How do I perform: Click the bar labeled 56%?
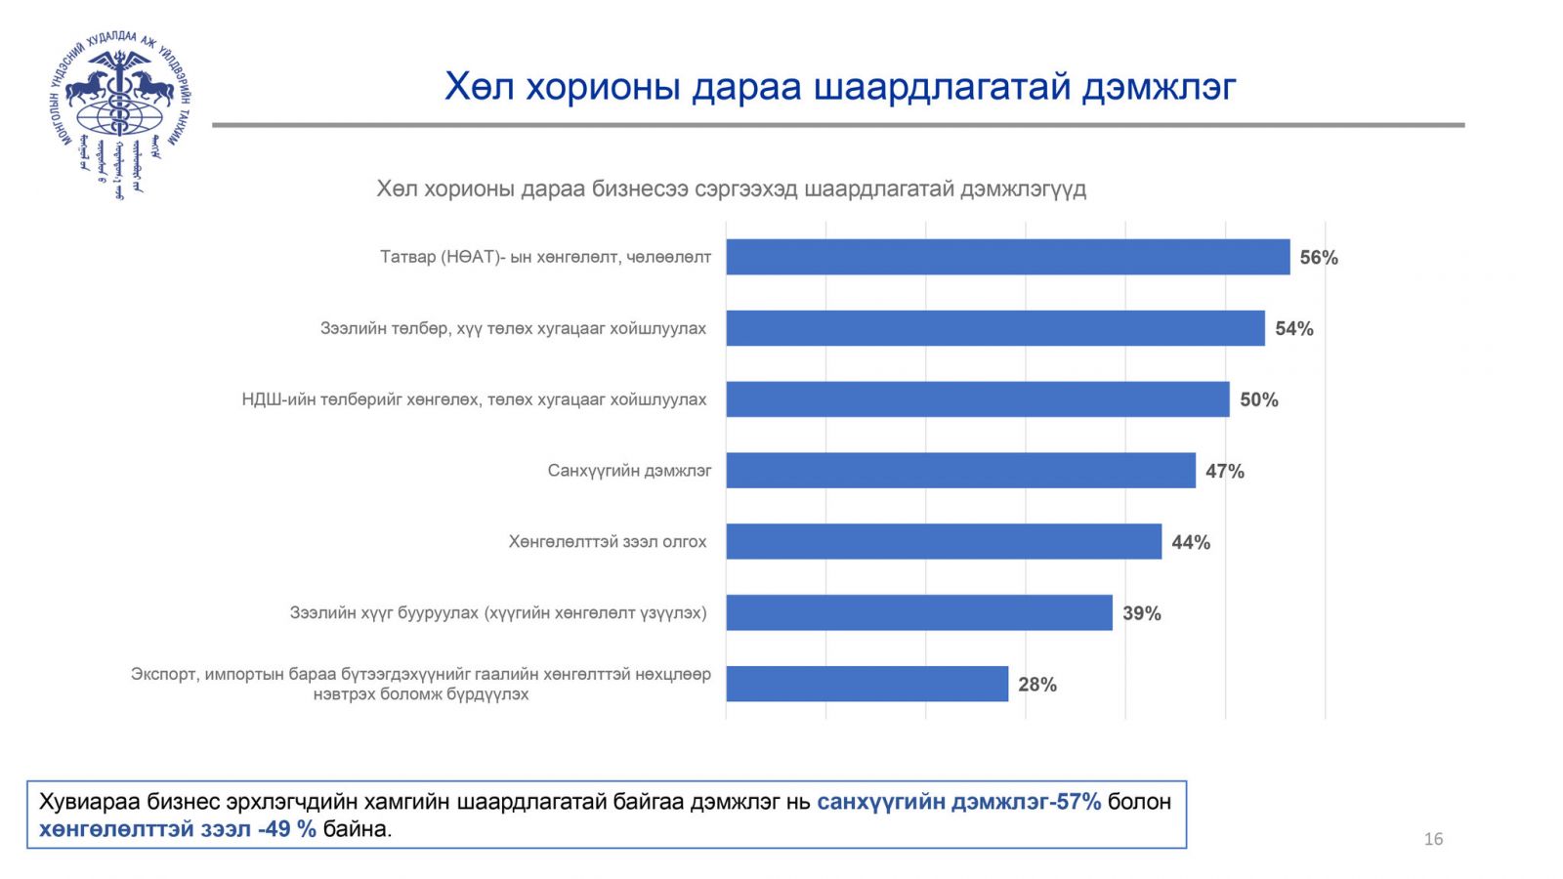[x=1007, y=257]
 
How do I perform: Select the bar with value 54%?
[x=994, y=328]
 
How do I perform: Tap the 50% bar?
[x=977, y=399]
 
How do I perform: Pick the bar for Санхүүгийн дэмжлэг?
[x=960, y=471]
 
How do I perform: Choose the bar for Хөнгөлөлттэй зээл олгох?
[x=944, y=542]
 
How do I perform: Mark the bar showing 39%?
[x=918, y=613]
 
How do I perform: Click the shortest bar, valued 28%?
[x=866, y=684]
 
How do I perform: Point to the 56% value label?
[x=1319, y=258]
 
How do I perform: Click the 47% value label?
[x=1225, y=472]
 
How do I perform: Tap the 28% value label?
[x=1037, y=685]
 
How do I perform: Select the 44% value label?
[x=1191, y=543]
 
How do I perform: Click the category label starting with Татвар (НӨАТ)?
[x=545, y=257]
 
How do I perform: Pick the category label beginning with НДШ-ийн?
[x=474, y=399]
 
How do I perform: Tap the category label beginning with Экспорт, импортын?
[x=421, y=684]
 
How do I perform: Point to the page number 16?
[x=1433, y=839]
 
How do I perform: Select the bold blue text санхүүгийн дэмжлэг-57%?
[x=958, y=802]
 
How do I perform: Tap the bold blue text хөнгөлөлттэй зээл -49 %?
[x=178, y=830]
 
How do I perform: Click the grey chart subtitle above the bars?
[x=731, y=188]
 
